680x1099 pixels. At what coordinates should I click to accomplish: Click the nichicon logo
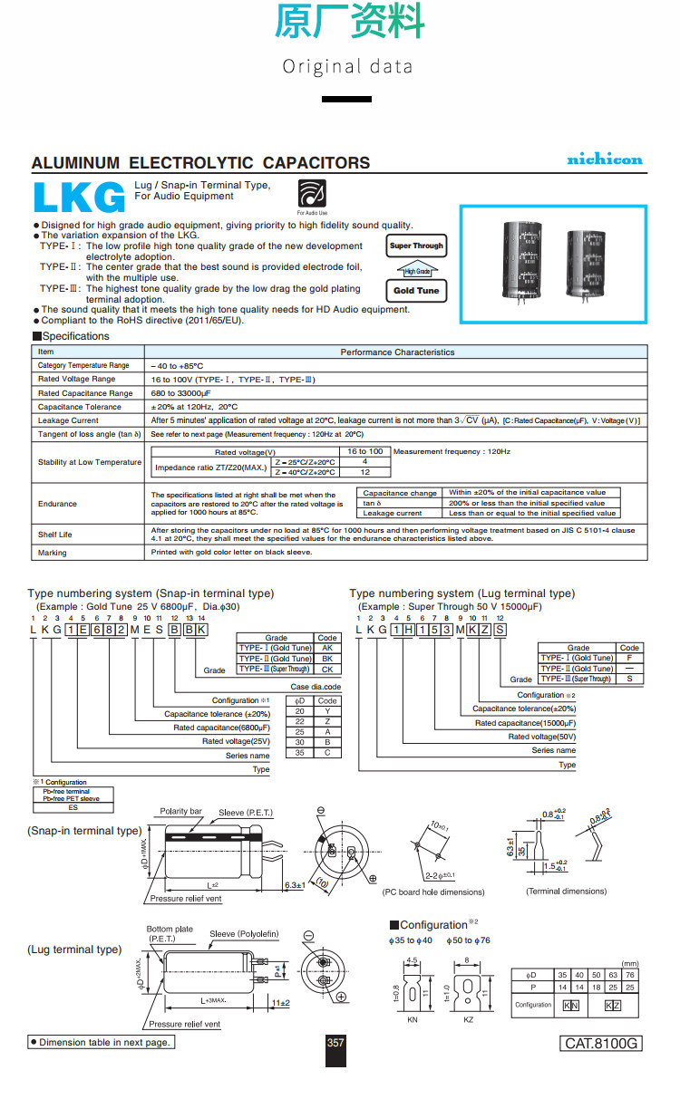pyautogui.click(x=604, y=159)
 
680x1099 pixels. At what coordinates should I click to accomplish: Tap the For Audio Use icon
pyautogui.click(x=312, y=193)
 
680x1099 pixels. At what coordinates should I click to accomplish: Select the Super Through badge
pyautogui.click(x=416, y=246)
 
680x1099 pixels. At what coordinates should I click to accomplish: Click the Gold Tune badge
pyautogui.click(x=416, y=291)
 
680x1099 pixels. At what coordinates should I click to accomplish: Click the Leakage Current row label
pyautogui.click(x=68, y=420)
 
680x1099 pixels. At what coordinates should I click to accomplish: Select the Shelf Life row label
pyautogui.click(x=54, y=535)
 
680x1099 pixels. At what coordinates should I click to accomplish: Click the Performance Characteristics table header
pyautogui.click(x=397, y=352)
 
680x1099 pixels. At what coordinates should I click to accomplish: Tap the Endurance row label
pyautogui.click(x=57, y=504)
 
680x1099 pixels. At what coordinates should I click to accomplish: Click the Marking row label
pyautogui.click(x=52, y=553)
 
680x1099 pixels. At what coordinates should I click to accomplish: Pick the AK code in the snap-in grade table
pyautogui.click(x=327, y=648)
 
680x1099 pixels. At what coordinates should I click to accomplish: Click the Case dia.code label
pyautogui.click(x=316, y=687)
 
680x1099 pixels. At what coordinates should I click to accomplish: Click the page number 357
pyautogui.click(x=335, y=1043)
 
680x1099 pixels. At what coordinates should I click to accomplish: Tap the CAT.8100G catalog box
pyautogui.click(x=602, y=1043)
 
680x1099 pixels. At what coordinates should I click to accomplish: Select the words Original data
pyautogui.click(x=347, y=66)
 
